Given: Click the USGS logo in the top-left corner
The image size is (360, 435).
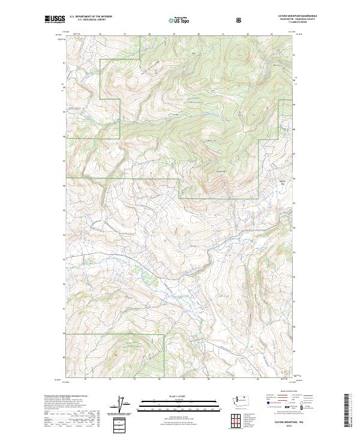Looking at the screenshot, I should (x=54, y=20).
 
